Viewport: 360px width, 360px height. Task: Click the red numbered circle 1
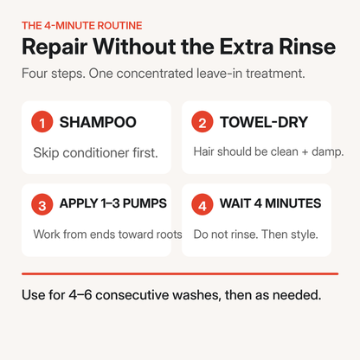42,122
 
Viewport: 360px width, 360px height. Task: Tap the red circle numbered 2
202,122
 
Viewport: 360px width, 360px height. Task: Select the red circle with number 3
42,204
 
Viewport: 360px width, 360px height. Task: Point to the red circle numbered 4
202,204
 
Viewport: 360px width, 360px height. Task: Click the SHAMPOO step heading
98,122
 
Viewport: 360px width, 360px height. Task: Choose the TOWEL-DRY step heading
264,122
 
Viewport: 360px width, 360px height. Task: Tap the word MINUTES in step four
293,203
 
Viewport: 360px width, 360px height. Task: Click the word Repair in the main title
55,47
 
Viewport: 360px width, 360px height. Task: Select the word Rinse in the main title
307,47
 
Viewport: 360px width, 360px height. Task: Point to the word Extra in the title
247,47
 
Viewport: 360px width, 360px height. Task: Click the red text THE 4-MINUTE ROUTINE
82,26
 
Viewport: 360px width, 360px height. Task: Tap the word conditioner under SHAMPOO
96,153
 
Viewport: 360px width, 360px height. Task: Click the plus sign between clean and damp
305,152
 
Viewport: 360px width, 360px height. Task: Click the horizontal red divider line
180,273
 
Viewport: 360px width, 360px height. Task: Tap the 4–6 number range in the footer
80,295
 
